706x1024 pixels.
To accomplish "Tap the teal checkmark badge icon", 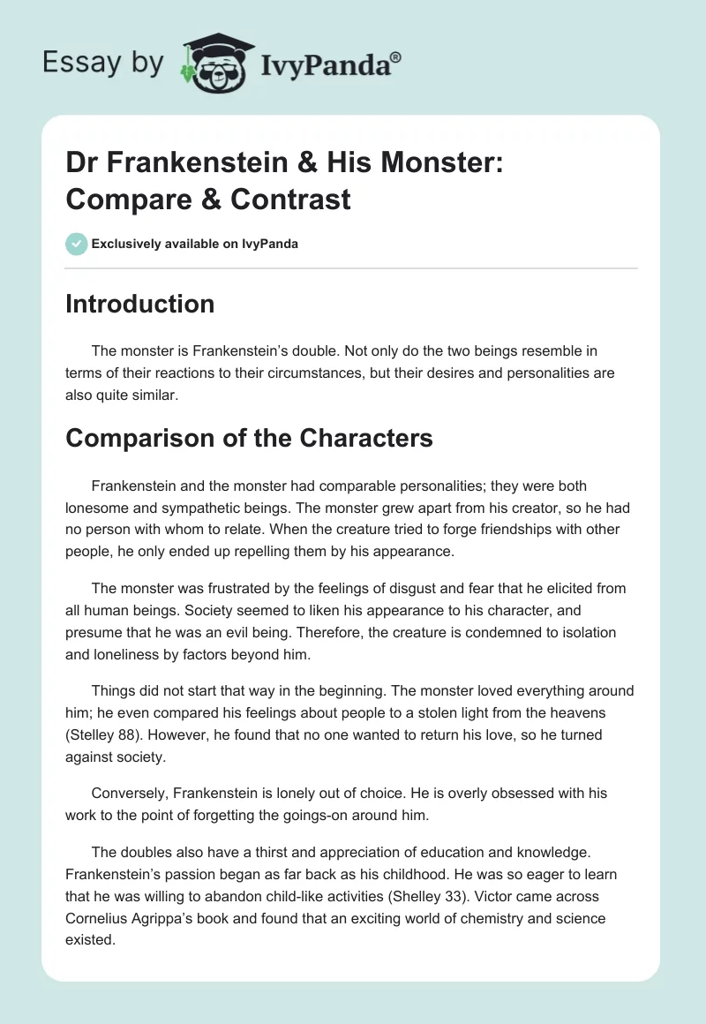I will point(77,244).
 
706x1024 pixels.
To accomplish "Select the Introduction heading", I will point(139,304).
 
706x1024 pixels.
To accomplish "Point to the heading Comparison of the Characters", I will point(249,437).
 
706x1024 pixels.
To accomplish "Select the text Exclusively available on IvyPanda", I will point(195,244).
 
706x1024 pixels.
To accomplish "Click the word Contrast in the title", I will point(291,199).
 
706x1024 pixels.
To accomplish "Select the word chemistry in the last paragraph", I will point(455,918).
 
